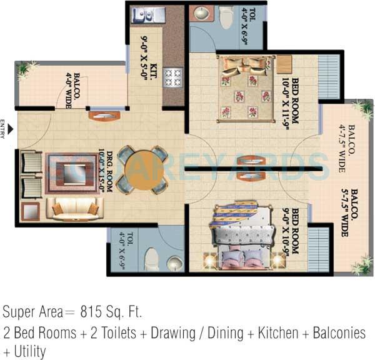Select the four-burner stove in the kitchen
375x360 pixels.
[172, 77]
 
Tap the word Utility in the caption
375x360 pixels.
[29, 351]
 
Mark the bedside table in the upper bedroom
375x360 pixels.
[285, 64]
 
